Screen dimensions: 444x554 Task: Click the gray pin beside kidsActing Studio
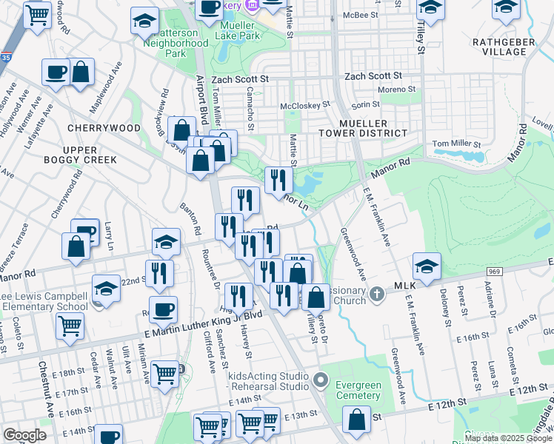pyautogui.click(x=321, y=380)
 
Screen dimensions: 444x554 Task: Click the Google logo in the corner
pyautogui.click(x=24, y=434)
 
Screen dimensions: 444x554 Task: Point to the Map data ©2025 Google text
pyautogui.click(x=508, y=438)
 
